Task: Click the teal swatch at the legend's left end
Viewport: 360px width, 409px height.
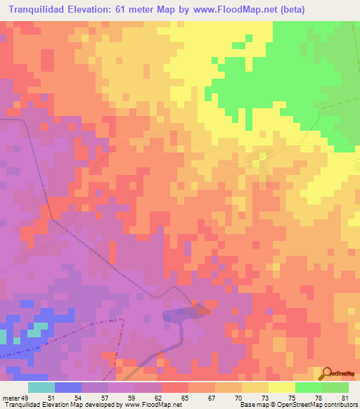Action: point(41,387)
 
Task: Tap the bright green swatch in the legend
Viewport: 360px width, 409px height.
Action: point(308,387)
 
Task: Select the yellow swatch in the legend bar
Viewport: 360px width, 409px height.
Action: point(281,387)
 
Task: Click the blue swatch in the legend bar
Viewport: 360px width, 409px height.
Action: point(67,387)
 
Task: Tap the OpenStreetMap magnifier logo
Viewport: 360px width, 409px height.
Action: point(327,374)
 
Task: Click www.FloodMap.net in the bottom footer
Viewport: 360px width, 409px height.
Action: point(150,405)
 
